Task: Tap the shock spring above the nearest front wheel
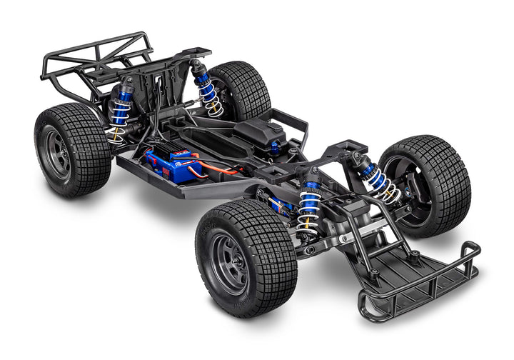pos(310,207)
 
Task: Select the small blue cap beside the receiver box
pos(275,146)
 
